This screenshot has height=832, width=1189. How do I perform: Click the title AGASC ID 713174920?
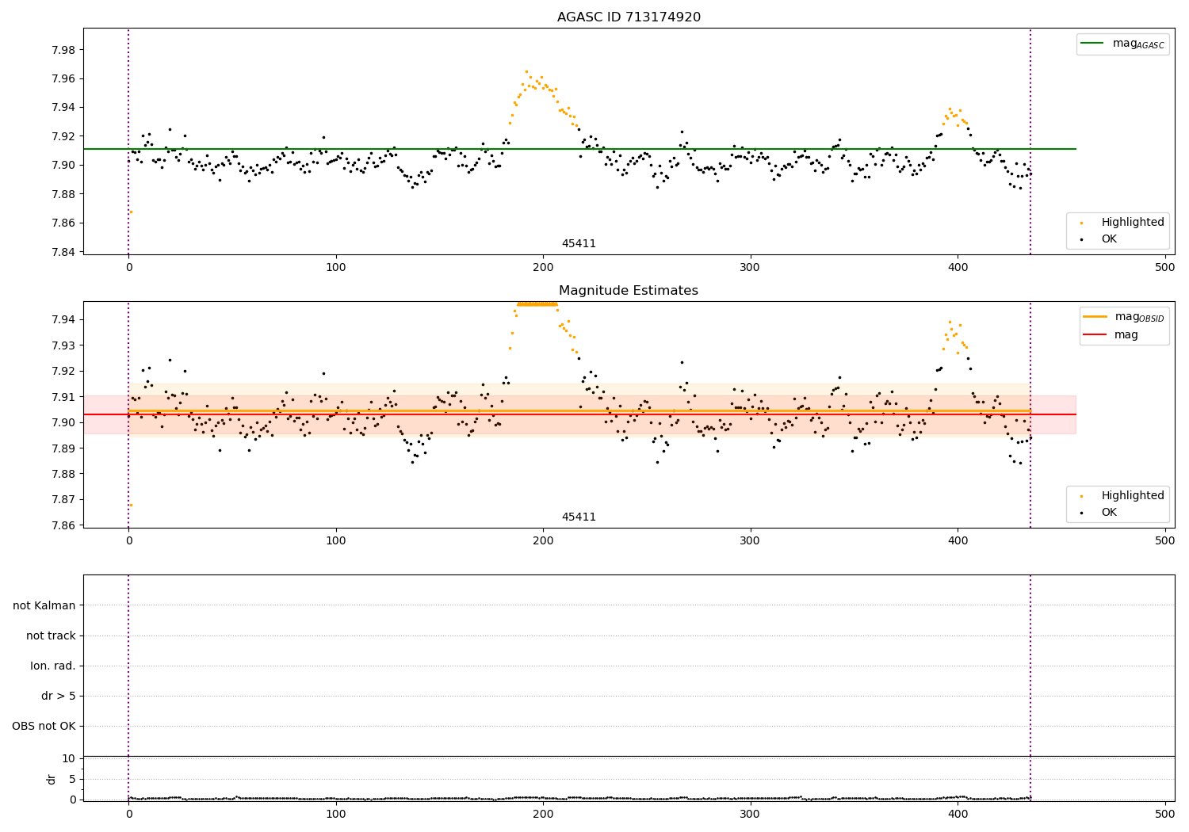pos(629,17)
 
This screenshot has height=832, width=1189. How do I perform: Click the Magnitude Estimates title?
pos(629,291)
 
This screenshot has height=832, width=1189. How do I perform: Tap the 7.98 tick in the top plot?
pos(62,50)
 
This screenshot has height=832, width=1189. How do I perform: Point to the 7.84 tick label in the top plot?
pos(62,252)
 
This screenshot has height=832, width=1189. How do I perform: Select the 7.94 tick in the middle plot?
pos(62,319)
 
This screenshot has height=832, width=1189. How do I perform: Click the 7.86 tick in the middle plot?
pos(62,525)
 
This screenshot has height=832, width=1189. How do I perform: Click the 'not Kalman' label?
pos(44,605)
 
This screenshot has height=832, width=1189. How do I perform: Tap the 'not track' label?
pos(51,635)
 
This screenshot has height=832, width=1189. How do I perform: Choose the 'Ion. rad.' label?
pos(53,666)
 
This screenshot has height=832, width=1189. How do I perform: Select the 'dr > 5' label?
pos(59,696)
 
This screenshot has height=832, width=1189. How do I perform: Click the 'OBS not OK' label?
pos(44,726)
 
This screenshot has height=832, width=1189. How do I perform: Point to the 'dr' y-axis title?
pos(52,779)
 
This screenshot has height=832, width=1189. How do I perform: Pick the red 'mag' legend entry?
pos(1126,334)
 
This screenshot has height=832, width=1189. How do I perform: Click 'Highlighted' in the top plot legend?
pos(1133,222)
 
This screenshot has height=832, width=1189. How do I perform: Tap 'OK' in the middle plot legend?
pos(1109,512)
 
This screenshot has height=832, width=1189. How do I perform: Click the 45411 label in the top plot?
pos(579,243)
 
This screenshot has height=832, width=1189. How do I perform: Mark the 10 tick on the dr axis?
pos(69,758)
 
